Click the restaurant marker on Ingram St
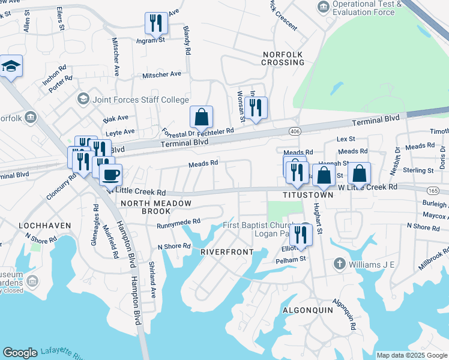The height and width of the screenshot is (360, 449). click(156, 23)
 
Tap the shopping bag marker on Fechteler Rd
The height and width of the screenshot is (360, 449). click(202, 117)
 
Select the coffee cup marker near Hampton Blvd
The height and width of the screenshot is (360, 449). click(110, 175)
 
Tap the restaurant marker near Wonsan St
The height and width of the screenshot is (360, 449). click(256, 108)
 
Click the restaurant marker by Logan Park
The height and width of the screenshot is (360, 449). click(301, 235)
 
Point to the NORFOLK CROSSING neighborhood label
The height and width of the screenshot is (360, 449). click(283, 58)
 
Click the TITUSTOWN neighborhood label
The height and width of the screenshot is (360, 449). click(308, 196)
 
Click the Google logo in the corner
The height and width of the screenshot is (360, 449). click(20, 352)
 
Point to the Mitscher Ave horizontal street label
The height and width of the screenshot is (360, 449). click(161, 75)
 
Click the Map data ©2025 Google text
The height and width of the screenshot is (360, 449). click(412, 355)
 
